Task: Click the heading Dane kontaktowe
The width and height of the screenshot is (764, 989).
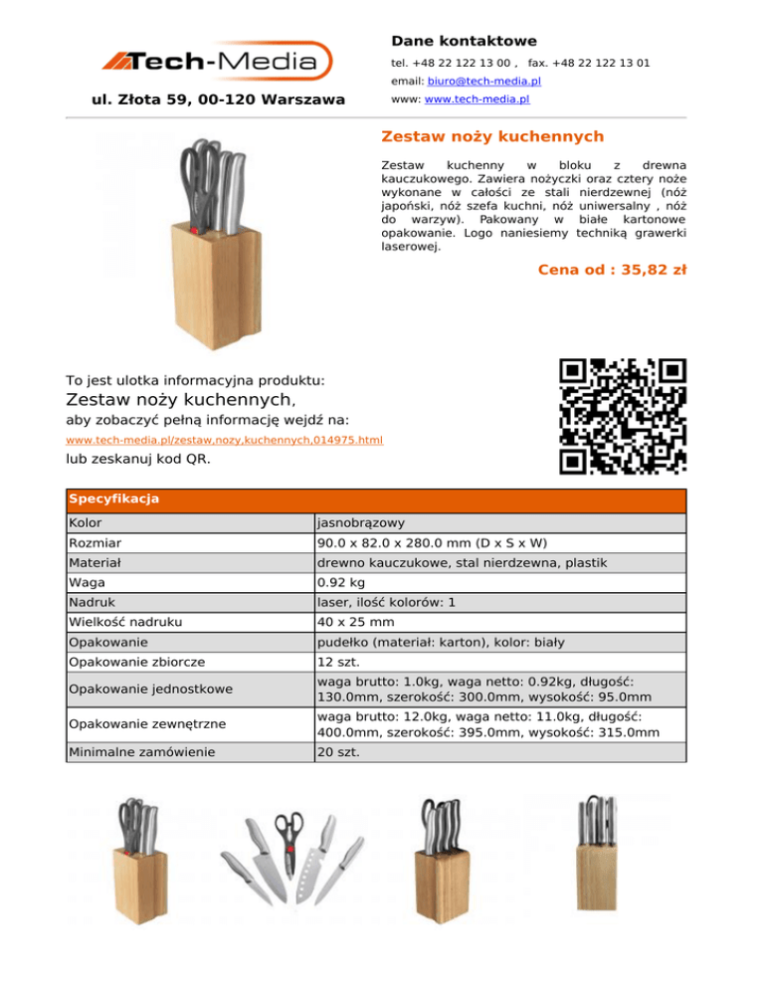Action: (x=464, y=41)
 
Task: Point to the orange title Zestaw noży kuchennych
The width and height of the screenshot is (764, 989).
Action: (x=492, y=136)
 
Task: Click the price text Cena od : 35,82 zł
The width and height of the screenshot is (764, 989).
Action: (x=611, y=269)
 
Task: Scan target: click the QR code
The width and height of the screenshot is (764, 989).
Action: (x=623, y=415)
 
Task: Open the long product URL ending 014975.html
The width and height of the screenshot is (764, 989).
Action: (x=224, y=440)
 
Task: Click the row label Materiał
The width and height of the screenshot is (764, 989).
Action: (x=95, y=561)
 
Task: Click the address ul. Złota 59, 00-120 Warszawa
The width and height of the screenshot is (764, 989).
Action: (x=218, y=99)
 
